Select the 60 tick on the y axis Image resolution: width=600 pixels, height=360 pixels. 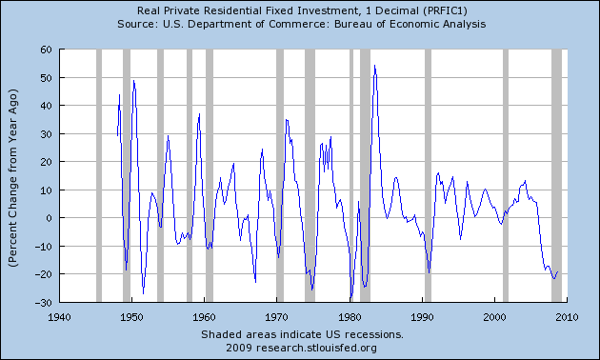point(45,50)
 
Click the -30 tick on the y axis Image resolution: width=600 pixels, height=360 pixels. point(43,302)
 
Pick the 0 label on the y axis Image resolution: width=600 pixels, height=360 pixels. point(48,218)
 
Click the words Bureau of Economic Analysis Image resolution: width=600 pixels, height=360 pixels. point(409,23)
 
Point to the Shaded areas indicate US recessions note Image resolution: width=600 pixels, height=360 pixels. point(302,334)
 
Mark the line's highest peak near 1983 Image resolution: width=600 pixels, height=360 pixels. point(374,66)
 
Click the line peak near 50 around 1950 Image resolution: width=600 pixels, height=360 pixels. point(133,80)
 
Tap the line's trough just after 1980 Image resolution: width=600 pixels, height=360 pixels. point(350,299)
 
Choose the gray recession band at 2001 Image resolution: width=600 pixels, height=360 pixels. point(505,176)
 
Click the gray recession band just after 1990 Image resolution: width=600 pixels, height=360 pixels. point(428,176)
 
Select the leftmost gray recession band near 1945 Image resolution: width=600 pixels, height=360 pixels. point(98,176)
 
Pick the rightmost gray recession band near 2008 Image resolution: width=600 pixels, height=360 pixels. point(556,176)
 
